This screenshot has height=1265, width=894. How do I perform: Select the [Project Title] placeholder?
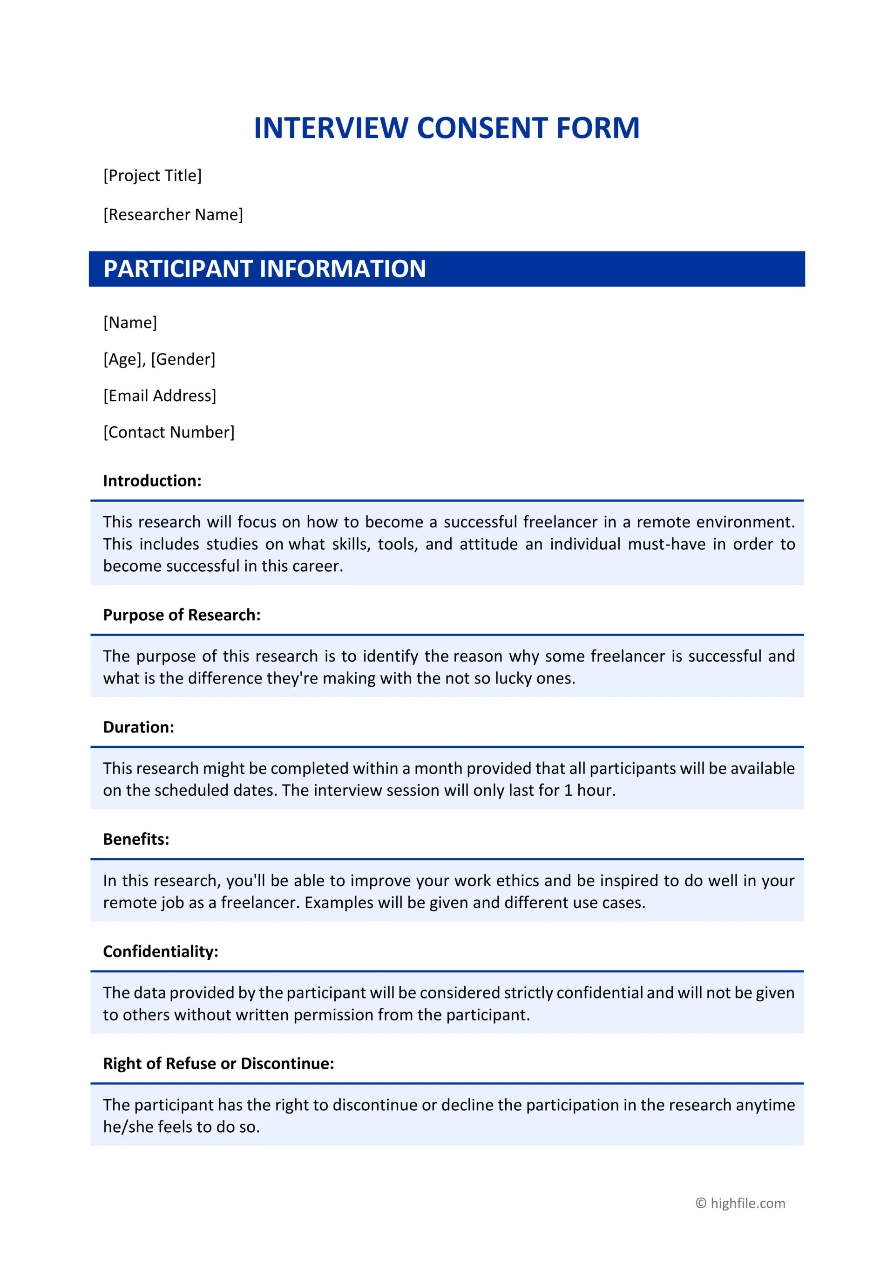point(152,175)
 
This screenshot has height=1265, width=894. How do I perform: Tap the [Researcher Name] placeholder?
point(173,214)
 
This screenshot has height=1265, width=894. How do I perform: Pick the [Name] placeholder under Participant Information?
point(130,322)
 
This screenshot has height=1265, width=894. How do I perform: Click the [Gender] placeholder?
point(183,359)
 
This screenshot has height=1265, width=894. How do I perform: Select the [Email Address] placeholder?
point(160,396)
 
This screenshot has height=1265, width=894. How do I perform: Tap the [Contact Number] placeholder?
point(169,432)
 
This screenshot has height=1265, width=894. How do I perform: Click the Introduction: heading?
point(152,480)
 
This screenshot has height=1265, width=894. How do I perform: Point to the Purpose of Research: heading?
point(182,615)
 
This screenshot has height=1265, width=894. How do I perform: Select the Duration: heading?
point(138,727)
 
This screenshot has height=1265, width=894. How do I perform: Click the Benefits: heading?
point(136,839)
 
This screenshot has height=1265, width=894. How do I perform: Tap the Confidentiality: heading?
point(161,951)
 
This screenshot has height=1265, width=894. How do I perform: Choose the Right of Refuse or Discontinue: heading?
point(218,1063)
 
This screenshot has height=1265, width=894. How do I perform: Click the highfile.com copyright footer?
point(740,1203)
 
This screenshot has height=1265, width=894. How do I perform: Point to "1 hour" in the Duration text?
point(589,791)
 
